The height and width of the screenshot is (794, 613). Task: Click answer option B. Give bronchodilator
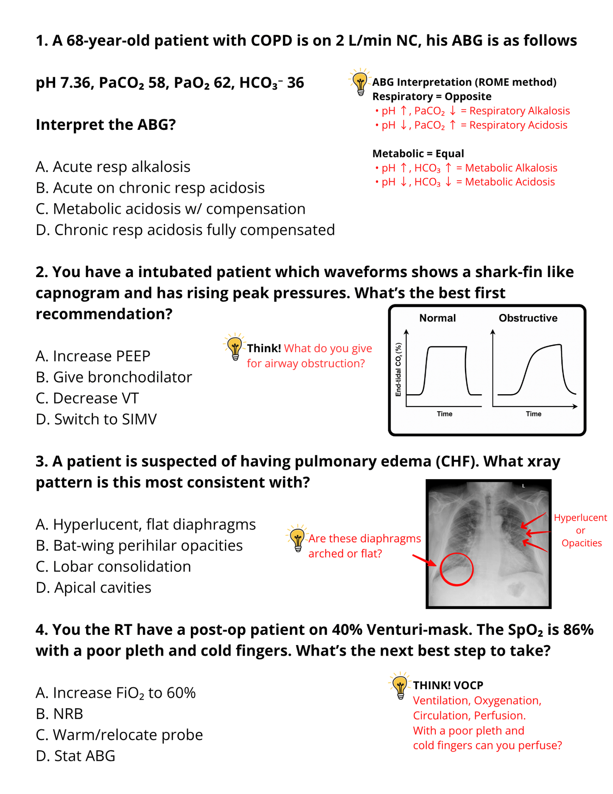(x=114, y=377)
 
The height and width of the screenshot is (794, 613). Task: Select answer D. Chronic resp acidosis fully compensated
(x=185, y=230)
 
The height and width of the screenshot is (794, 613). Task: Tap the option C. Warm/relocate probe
(x=119, y=735)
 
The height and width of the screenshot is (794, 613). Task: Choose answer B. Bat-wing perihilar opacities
(x=139, y=546)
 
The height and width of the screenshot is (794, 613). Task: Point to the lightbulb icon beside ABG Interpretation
(x=360, y=81)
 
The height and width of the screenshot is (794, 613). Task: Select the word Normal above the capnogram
(x=437, y=318)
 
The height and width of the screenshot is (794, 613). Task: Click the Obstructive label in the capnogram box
(x=528, y=318)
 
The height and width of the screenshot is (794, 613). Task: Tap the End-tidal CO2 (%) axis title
(x=398, y=370)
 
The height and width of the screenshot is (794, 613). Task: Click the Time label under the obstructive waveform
(x=533, y=414)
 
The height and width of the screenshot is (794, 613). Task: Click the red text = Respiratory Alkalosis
(x=515, y=111)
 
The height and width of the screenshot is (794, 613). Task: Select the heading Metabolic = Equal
(x=418, y=154)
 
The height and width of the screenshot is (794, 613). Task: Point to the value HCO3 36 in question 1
(x=272, y=83)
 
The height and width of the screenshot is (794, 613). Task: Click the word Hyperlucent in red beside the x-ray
(x=580, y=518)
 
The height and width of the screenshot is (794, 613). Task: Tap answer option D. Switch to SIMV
(x=96, y=419)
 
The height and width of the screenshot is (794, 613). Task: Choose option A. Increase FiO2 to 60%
(x=115, y=693)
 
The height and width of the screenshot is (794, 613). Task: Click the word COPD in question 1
(x=272, y=41)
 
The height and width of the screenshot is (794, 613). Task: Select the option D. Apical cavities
(x=93, y=588)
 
